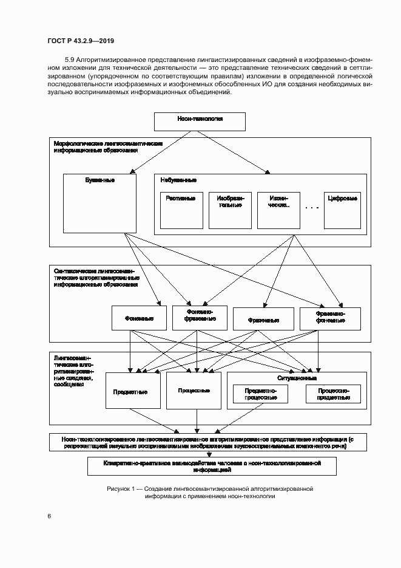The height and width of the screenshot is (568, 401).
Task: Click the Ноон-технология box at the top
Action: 200,121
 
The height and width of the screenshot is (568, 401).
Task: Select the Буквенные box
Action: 99,203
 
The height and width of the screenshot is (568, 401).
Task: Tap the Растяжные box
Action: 180,211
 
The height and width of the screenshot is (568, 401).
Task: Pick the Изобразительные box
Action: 229,211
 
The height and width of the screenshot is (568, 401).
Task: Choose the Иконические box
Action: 278,211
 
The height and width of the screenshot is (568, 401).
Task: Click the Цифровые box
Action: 342,211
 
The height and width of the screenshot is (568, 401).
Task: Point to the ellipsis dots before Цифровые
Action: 312,208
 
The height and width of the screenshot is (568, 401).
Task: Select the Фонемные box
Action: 139,318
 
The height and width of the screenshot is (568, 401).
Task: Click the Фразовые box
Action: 263,318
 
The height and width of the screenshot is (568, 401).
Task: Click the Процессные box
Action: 194,390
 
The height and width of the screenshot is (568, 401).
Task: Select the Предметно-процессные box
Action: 260,394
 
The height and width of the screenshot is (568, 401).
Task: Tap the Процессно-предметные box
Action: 333,394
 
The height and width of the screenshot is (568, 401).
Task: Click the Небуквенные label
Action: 178,180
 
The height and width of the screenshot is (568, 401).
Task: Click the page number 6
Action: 49,516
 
